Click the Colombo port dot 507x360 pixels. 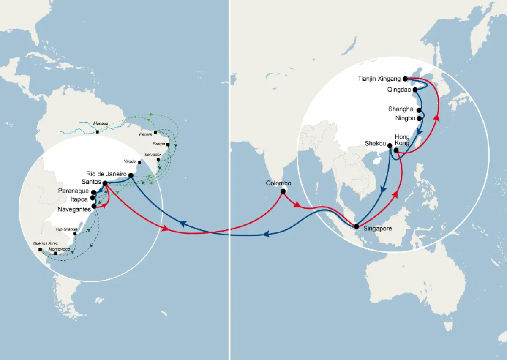[283, 191]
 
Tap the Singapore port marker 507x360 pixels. [357, 226]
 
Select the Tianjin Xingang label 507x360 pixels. [379, 79]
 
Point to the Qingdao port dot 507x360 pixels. [415, 90]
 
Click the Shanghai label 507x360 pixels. [401, 109]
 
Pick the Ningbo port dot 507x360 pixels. [419, 119]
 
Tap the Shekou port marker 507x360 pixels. [390, 146]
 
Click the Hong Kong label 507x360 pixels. [402, 140]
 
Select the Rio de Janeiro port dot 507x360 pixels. [131, 175]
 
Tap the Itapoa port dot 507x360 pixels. [93, 197]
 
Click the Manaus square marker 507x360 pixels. [98, 132]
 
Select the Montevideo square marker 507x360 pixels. [55, 253]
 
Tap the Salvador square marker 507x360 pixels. [158, 160]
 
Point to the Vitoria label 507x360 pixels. [130, 161]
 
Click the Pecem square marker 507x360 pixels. [155, 132]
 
